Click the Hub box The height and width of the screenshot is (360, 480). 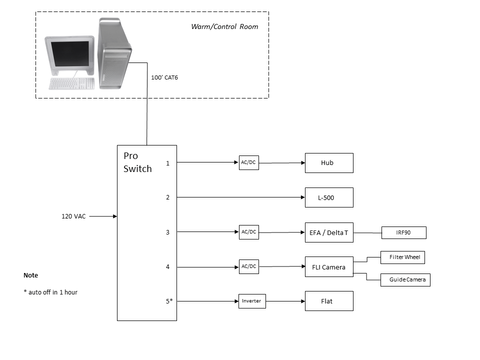click(329, 163)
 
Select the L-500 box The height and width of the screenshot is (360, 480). click(329, 197)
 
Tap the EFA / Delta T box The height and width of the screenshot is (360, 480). click(329, 232)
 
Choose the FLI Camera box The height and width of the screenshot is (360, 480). click(329, 267)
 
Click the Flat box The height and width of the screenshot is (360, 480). click(329, 301)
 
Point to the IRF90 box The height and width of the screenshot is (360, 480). click(403, 232)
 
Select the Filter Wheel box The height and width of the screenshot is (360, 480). click(402, 257)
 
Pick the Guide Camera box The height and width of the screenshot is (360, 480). click(405, 279)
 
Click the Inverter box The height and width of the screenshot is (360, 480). click(251, 301)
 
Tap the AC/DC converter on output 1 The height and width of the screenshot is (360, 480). click(248, 163)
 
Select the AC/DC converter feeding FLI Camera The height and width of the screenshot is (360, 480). click(248, 267)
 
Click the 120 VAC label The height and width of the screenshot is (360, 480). click(73, 216)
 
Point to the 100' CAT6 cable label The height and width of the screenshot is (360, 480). click(164, 77)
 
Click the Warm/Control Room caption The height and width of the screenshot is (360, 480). click(224, 26)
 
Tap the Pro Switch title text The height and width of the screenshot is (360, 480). click(137, 162)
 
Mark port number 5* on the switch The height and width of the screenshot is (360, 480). click(169, 301)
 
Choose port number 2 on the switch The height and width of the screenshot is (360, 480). click(168, 197)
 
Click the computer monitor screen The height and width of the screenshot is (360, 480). click(70, 53)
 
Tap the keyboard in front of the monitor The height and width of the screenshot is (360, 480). click(72, 83)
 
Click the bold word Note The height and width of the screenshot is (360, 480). click(30, 275)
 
